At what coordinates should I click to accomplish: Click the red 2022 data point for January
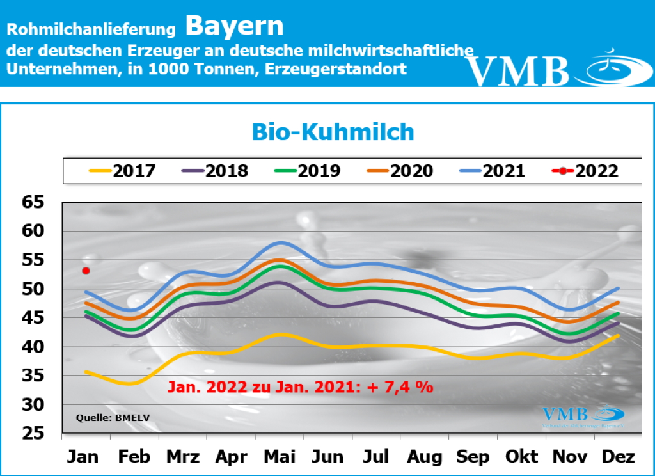(x=86, y=271)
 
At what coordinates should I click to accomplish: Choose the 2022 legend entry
(x=585, y=171)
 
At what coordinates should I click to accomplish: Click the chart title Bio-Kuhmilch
(x=333, y=132)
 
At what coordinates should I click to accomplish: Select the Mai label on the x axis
(x=280, y=457)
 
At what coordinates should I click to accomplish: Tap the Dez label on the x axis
(x=619, y=457)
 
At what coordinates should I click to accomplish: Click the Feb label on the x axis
(x=134, y=457)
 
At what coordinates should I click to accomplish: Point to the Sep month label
(x=473, y=457)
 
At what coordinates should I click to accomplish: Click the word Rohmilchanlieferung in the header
(x=91, y=29)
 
